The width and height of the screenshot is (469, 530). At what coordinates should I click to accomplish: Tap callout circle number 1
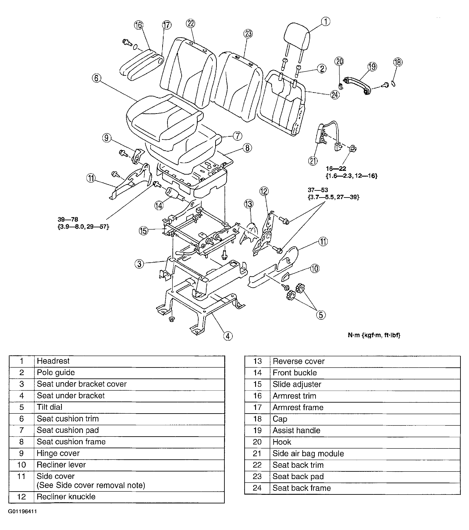pyautogui.click(x=326, y=21)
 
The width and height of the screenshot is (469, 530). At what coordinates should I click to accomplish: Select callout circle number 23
pyautogui.click(x=248, y=33)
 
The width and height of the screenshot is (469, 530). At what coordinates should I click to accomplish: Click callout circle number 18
pyautogui.click(x=398, y=62)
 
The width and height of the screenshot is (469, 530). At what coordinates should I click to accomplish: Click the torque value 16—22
pyautogui.click(x=336, y=169)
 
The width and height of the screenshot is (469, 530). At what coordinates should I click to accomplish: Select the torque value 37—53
pyautogui.click(x=318, y=190)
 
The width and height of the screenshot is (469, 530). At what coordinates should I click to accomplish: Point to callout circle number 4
pyautogui.click(x=228, y=336)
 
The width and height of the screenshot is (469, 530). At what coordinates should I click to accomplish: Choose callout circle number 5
pyautogui.click(x=321, y=315)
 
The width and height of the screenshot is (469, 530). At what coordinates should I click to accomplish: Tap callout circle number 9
pyautogui.click(x=106, y=138)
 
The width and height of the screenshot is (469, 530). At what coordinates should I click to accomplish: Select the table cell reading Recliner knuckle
pyautogui.click(x=66, y=497)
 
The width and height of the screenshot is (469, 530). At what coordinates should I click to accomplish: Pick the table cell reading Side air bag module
pyautogui.click(x=308, y=454)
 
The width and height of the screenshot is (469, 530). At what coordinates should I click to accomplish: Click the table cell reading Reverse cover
pyautogui.click(x=299, y=361)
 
